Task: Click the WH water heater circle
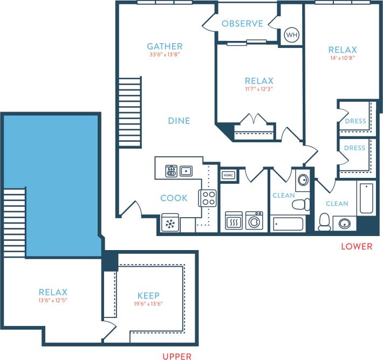click(291, 35)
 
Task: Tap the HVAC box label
click(227, 175)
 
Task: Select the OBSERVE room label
click(242, 24)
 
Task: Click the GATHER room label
click(165, 46)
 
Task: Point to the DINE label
click(179, 121)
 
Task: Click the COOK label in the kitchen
click(174, 198)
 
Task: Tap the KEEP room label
click(148, 295)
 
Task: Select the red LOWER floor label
click(357, 247)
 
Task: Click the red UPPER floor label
click(177, 356)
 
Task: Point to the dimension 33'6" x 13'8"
click(165, 54)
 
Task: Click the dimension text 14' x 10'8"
click(342, 58)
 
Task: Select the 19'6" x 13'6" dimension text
click(148, 304)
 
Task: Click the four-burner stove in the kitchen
click(208, 198)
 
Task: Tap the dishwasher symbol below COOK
click(170, 224)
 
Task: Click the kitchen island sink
click(187, 171)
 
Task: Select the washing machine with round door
click(254, 220)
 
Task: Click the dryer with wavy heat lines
click(233, 220)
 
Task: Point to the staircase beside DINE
click(129, 112)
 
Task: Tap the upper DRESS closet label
click(354, 121)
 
